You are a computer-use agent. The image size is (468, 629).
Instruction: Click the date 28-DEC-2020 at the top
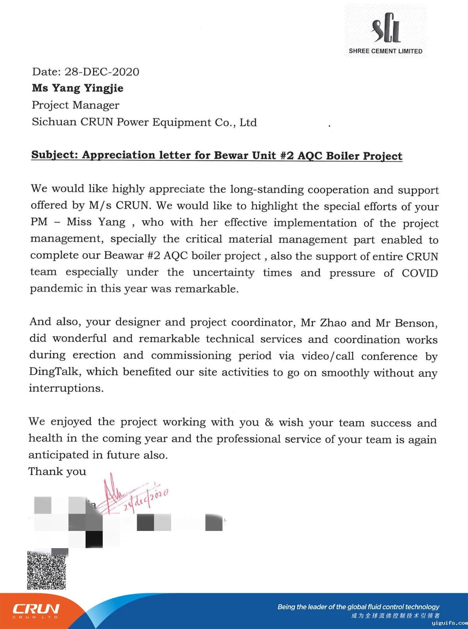[102, 72]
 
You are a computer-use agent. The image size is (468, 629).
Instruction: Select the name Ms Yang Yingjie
[78, 88]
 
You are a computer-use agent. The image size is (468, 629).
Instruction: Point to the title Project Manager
[75, 105]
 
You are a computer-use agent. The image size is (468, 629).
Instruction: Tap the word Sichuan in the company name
[54, 122]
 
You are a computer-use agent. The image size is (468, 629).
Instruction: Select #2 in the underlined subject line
[287, 156]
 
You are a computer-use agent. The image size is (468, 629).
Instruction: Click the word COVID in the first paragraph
[420, 273]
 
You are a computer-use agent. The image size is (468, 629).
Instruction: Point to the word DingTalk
[54, 372]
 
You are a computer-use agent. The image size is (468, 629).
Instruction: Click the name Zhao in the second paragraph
[333, 323]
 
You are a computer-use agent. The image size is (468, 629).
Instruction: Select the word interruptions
[66, 388]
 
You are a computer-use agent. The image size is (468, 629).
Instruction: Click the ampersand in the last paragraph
[269, 423]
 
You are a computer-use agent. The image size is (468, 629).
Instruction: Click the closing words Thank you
[57, 471]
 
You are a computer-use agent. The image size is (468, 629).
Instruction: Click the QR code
[46, 570]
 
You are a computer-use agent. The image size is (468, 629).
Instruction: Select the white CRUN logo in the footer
[36, 609]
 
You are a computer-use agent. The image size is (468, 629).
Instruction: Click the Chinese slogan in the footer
[396, 616]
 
